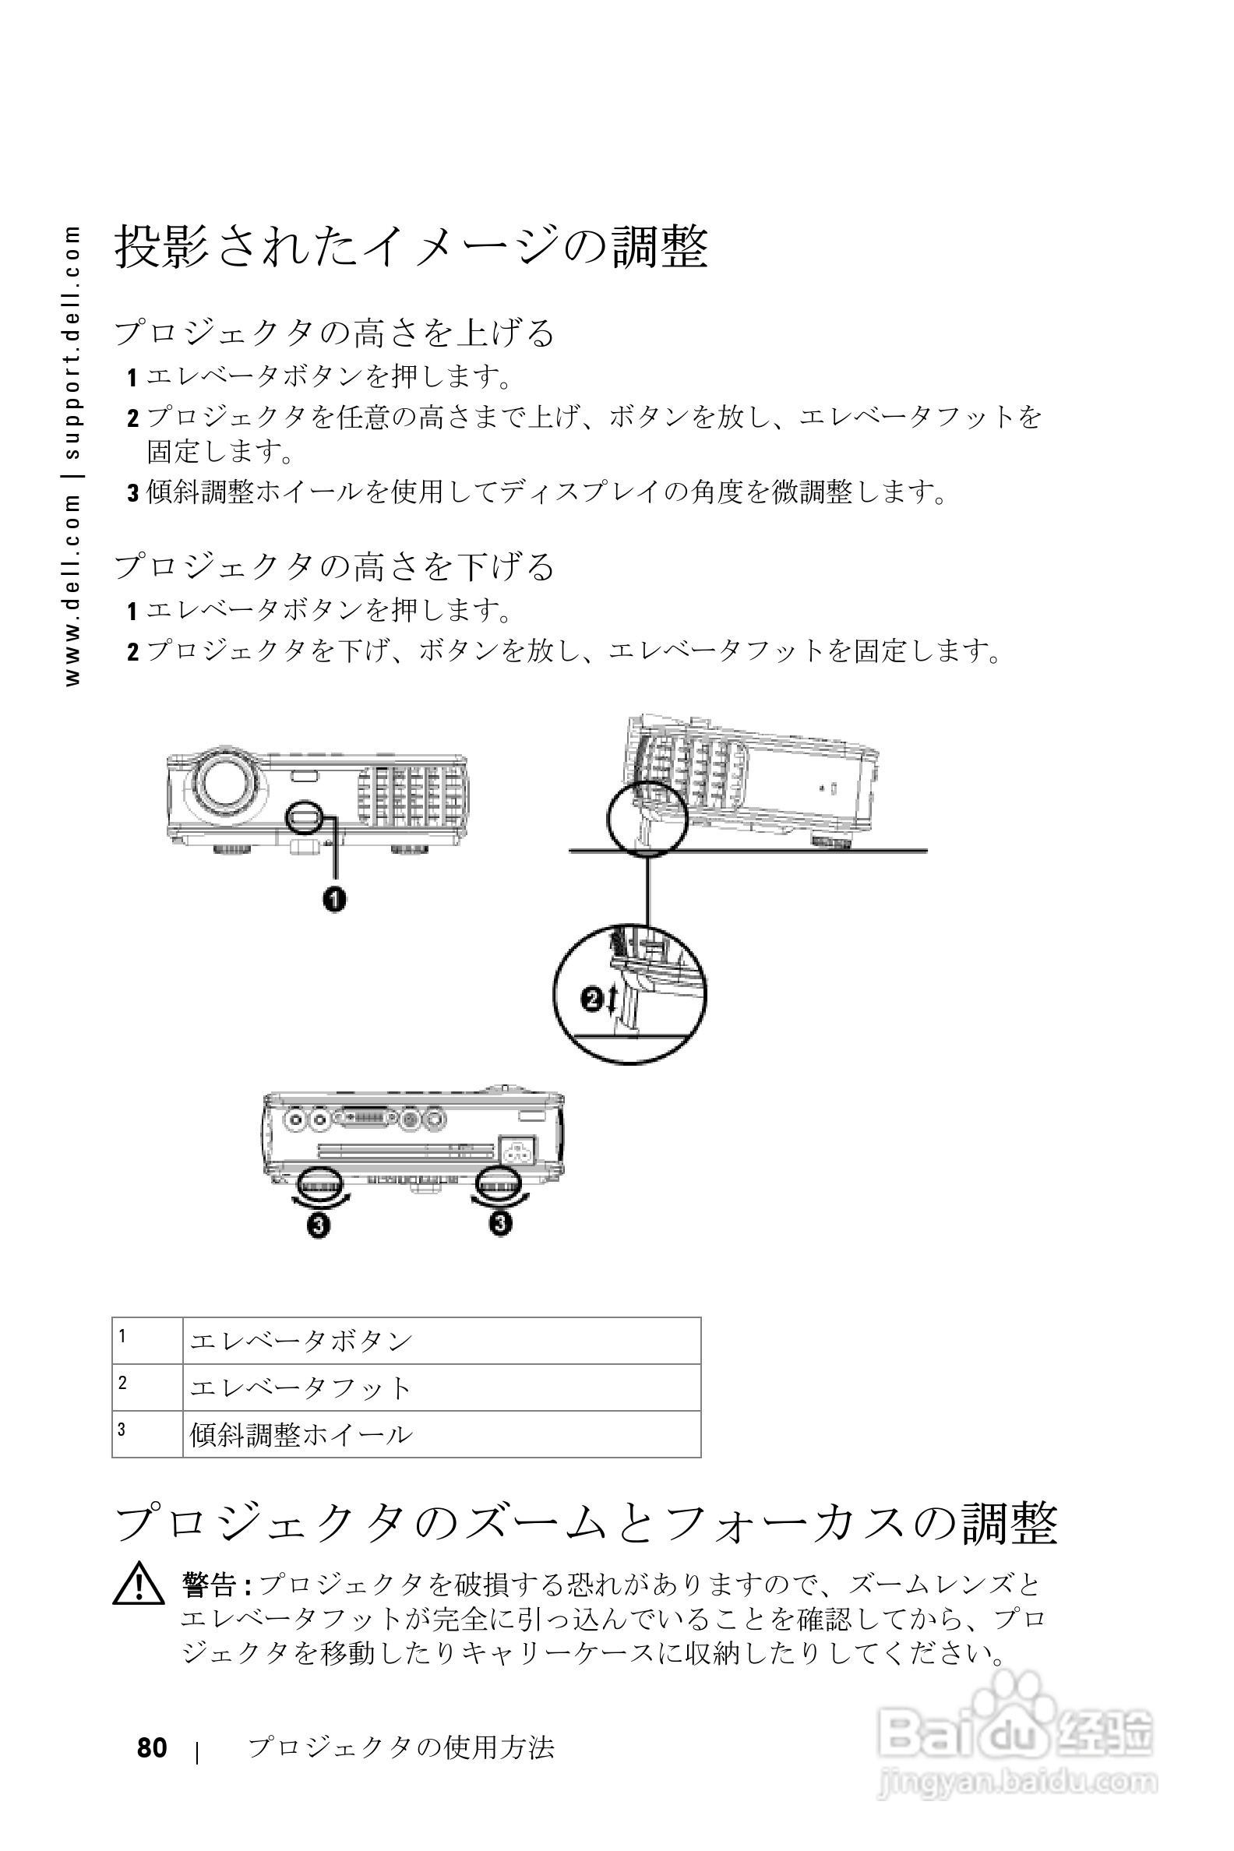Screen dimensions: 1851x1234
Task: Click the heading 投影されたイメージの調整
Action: click(411, 247)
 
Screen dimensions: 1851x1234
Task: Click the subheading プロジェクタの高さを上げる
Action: click(334, 332)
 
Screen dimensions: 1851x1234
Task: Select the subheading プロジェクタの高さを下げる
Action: click(334, 566)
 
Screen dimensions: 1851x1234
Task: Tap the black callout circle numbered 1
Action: click(334, 898)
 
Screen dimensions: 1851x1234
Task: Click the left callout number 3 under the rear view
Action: click(319, 1225)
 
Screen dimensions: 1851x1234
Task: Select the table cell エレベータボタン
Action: click(301, 1340)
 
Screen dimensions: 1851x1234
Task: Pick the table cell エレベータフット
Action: click(301, 1387)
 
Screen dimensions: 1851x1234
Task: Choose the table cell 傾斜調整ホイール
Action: click(301, 1434)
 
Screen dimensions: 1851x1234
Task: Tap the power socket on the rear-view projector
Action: click(518, 1152)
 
